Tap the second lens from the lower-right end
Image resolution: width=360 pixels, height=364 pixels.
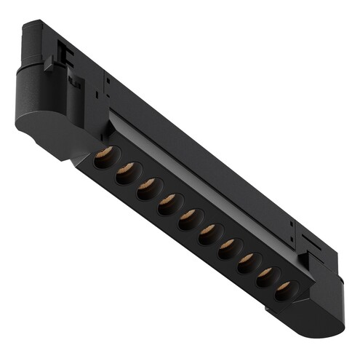(266, 276)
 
